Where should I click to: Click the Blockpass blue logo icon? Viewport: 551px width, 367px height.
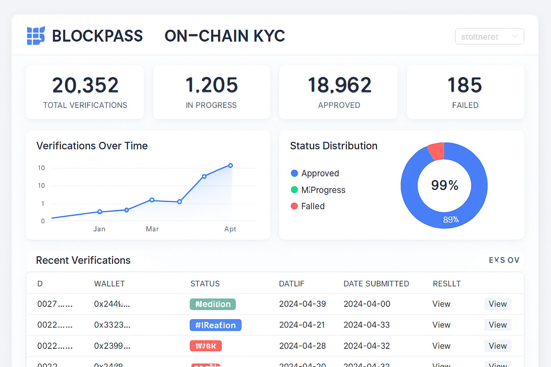[x=36, y=35]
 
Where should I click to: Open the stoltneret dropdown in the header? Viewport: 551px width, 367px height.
[x=489, y=37]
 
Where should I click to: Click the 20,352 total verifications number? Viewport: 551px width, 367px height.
[x=85, y=85]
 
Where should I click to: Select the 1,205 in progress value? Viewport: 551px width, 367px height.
[x=212, y=85]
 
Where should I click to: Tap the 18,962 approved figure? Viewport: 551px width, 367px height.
[x=339, y=85]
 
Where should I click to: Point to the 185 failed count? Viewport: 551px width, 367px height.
[x=465, y=85]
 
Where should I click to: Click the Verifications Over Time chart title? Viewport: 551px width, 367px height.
[x=92, y=146]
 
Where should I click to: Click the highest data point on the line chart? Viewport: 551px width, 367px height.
[x=230, y=166]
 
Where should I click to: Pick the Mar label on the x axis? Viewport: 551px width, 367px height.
[x=152, y=229]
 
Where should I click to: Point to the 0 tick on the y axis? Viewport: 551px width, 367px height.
[x=43, y=221]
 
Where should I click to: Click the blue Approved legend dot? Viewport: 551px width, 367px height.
[x=295, y=173]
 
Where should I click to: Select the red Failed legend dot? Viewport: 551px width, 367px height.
[x=294, y=206]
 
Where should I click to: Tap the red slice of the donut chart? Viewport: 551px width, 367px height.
[x=437, y=151]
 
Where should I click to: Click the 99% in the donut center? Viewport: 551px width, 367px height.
[x=444, y=185]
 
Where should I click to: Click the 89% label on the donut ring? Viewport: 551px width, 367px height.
[x=451, y=220]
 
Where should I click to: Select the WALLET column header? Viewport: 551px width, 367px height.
[x=109, y=284]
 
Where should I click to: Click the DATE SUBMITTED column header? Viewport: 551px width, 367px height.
[x=376, y=284]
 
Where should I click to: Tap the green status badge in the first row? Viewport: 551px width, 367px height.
[x=213, y=304]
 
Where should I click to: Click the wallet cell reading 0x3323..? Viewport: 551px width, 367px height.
[x=112, y=325]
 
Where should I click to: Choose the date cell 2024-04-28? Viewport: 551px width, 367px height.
[x=302, y=346]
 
